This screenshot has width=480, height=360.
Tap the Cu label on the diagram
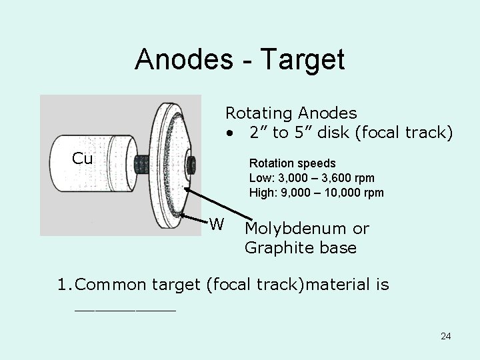(x=82, y=159)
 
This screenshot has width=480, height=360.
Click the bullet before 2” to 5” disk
(x=229, y=133)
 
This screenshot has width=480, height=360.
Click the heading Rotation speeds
(x=292, y=163)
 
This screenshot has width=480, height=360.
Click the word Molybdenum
(x=297, y=229)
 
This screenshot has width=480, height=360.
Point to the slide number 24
(x=445, y=336)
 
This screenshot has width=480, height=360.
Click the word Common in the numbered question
(x=111, y=285)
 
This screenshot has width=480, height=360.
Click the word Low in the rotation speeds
(x=259, y=178)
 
